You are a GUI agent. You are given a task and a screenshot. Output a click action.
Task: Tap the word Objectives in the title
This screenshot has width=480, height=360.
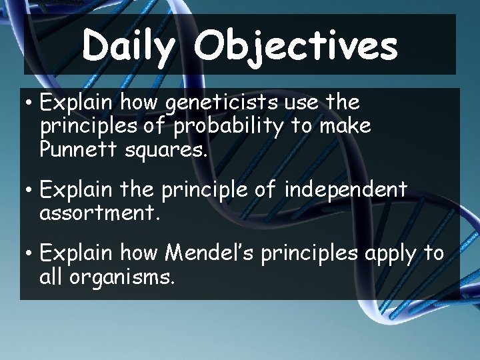tap(297, 47)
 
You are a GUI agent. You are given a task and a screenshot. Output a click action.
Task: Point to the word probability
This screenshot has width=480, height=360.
tap(234, 127)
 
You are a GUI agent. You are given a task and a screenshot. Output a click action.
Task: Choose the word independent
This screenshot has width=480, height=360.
tap(345, 191)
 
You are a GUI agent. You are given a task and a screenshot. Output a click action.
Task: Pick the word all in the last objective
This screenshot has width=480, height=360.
tap(51, 277)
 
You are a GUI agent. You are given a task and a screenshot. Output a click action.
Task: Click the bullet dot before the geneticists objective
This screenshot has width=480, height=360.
tap(29, 105)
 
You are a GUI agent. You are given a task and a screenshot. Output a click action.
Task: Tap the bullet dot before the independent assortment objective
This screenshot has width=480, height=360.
tap(29, 191)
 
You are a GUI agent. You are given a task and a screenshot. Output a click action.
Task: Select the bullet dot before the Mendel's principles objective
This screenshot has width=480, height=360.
tap(29, 255)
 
